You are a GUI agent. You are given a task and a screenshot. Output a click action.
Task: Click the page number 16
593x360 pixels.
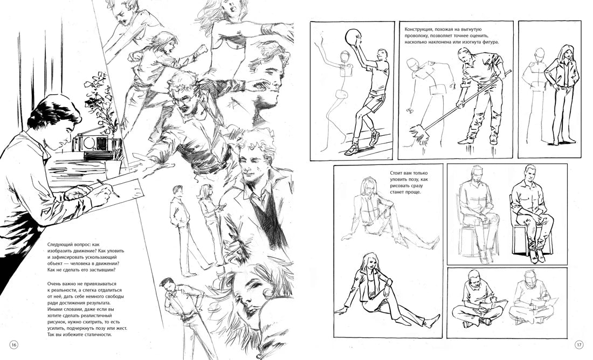(13, 345)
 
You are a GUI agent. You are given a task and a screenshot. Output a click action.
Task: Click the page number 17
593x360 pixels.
(579, 345)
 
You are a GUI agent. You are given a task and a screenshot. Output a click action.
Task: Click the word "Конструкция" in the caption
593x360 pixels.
(418, 29)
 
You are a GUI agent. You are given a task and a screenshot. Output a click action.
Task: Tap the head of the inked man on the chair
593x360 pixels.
(529, 173)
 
